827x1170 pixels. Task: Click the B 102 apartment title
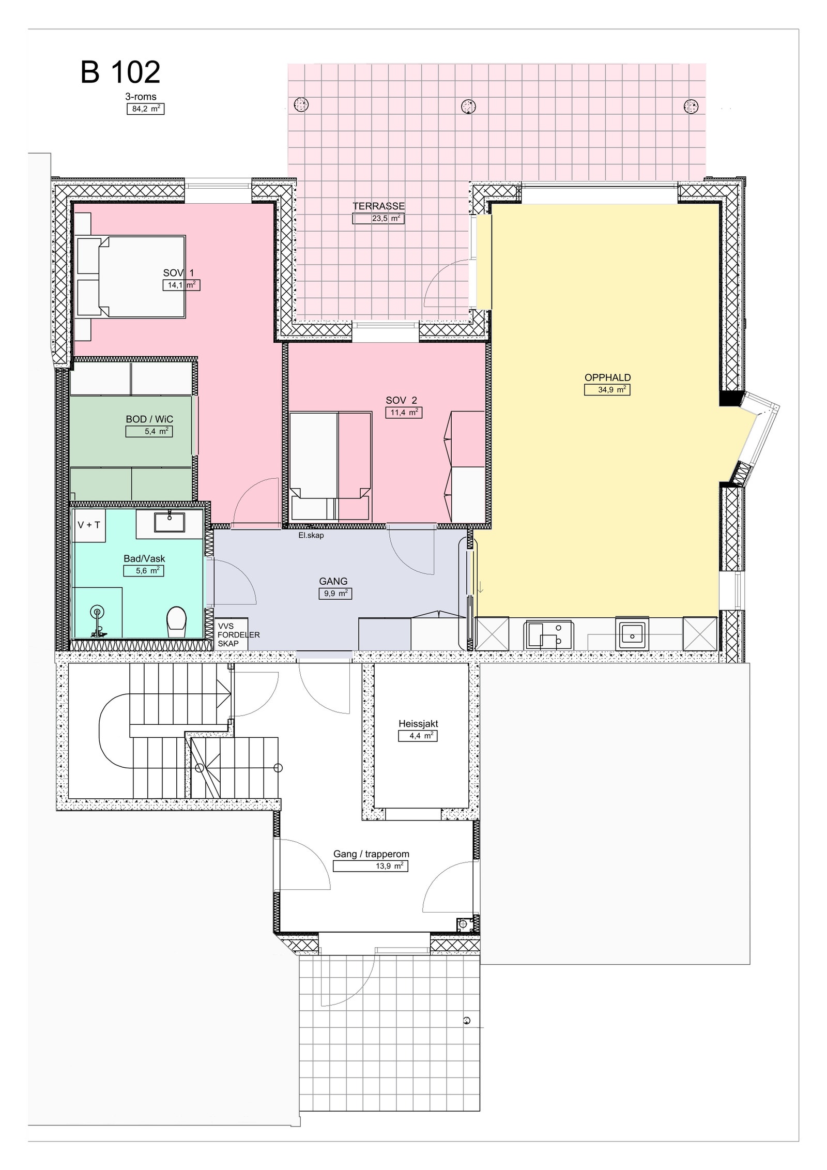click(120, 72)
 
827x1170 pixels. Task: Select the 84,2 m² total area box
click(145, 109)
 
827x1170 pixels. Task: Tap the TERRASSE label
click(378, 206)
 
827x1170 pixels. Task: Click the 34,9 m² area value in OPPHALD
click(607, 390)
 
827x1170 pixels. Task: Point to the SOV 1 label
click(178, 273)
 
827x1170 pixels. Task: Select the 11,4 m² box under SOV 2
click(403, 413)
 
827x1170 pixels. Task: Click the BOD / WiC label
click(149, 419)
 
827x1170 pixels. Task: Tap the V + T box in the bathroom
click(89, 525)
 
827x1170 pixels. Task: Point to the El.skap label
click(311, 536)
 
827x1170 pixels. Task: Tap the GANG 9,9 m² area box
click(335, 594)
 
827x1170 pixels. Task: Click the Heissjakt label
click(418, 724)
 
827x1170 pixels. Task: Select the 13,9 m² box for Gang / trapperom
click(370, 866)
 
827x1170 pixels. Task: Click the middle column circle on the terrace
click(468, 106)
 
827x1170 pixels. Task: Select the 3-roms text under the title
click(141, 97)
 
